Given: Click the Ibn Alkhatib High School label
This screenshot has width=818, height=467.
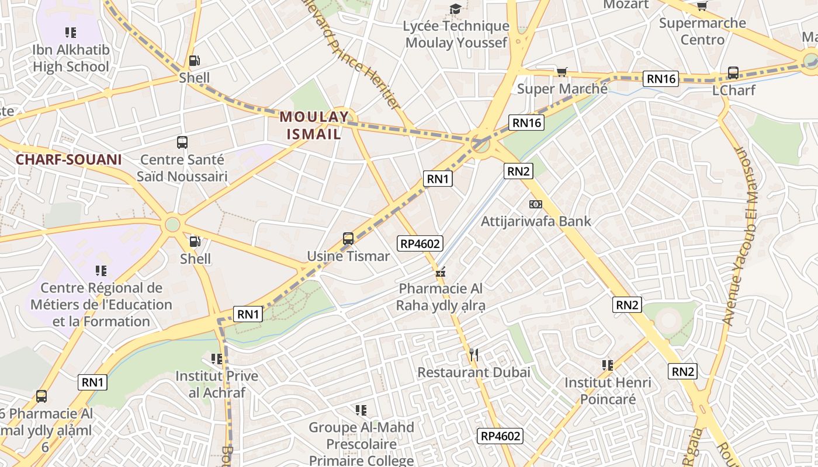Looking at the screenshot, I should pyautogui.click(x=71, y=58).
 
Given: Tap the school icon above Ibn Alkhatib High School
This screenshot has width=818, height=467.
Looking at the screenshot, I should pyautogui.click(x=71, y=33).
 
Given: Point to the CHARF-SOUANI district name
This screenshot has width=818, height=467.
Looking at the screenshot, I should pyautogui.click(x=68, y=159).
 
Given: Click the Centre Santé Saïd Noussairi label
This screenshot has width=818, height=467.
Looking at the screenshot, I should pyautogui.click(x=182, y=168).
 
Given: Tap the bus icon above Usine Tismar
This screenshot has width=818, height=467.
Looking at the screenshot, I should pyautogui.click(x=348, y=239).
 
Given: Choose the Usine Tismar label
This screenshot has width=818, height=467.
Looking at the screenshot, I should pyautogui.click(x=348, y=256).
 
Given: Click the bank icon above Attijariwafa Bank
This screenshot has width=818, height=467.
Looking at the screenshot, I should pyautogui.click(x=535, y=204).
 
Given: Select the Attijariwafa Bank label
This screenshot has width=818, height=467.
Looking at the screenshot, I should pyautogui.click(x=535, y=221).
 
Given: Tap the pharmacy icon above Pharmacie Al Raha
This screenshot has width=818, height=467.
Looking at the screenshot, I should pyautogui.click(x=441, y=272).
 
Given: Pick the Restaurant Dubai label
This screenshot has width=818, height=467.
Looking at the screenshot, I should pyautogui.click(x=474, y=372).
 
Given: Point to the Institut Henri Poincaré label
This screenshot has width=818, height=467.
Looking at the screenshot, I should pyautogui.click(x=608, y=391).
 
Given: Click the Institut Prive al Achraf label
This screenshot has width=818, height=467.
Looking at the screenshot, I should pyautogui.click(x=216, y=384).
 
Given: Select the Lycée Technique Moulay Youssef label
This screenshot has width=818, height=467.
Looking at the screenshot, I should pyautogui.click(x=456, y=34).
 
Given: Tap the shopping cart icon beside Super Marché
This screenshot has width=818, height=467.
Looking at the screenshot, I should pyautogui.click(x=561, y=72).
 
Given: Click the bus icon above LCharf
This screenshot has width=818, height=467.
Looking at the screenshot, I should pyautogui.click(x=733, y=74).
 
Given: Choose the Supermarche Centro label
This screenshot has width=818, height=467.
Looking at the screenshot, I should pyautogui.click(x=702, y=32).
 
